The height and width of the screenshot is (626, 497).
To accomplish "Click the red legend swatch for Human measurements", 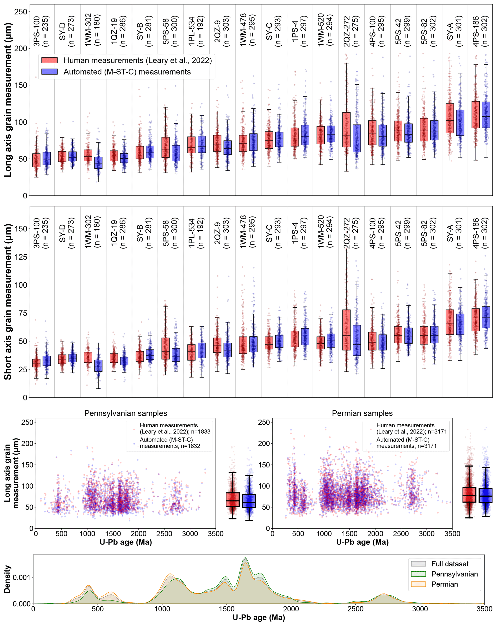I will pos(49,60).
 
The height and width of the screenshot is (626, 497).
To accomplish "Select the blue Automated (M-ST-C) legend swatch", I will pos(49,72).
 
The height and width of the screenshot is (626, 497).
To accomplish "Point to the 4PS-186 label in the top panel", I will pos(480,31).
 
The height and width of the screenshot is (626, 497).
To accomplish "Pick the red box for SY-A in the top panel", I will pos(450,118).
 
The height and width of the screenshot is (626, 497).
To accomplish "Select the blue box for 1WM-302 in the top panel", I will pos(98,163).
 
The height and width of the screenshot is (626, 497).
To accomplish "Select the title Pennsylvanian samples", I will pos(126,413).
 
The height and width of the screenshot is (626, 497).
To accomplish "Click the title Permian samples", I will pos(362,413).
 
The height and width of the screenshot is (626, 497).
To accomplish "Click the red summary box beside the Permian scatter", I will pos(469,495).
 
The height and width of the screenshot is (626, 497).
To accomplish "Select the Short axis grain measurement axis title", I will pos(7,302).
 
